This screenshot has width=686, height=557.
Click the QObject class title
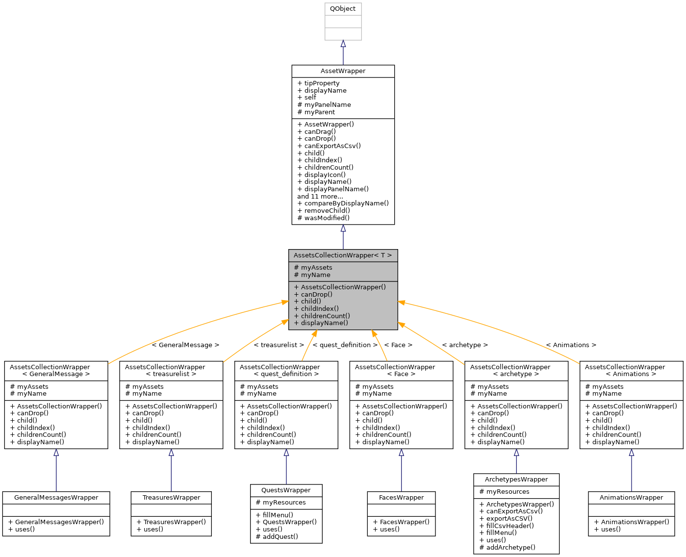click(343, 9)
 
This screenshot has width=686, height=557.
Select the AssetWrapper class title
click(343, 71)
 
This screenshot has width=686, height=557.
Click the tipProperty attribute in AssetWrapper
click(321, 83)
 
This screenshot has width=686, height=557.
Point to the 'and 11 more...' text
click(320, 196)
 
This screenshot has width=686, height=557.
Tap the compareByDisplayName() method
click(343, 203)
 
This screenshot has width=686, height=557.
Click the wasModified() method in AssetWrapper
click(323, 218)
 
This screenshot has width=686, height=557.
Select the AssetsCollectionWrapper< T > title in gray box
click(342, 255)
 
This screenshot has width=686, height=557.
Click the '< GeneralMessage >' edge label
click(185, 345)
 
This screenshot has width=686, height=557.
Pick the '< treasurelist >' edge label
click(279, 345)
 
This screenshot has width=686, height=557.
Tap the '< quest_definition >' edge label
click(345, 345)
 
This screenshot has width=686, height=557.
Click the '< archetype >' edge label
click(465, 345)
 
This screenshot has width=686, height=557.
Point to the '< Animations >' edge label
click(571, 345)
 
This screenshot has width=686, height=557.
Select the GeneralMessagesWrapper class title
click(56, 498)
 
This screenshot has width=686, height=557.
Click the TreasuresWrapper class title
click(171, 498)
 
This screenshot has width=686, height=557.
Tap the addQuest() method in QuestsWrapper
click(277, 536)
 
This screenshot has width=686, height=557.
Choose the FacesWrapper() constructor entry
click(401, 522)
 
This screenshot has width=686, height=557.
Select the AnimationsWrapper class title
click(631, 498)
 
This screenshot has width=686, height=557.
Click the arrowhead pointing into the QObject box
click(343, 44)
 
